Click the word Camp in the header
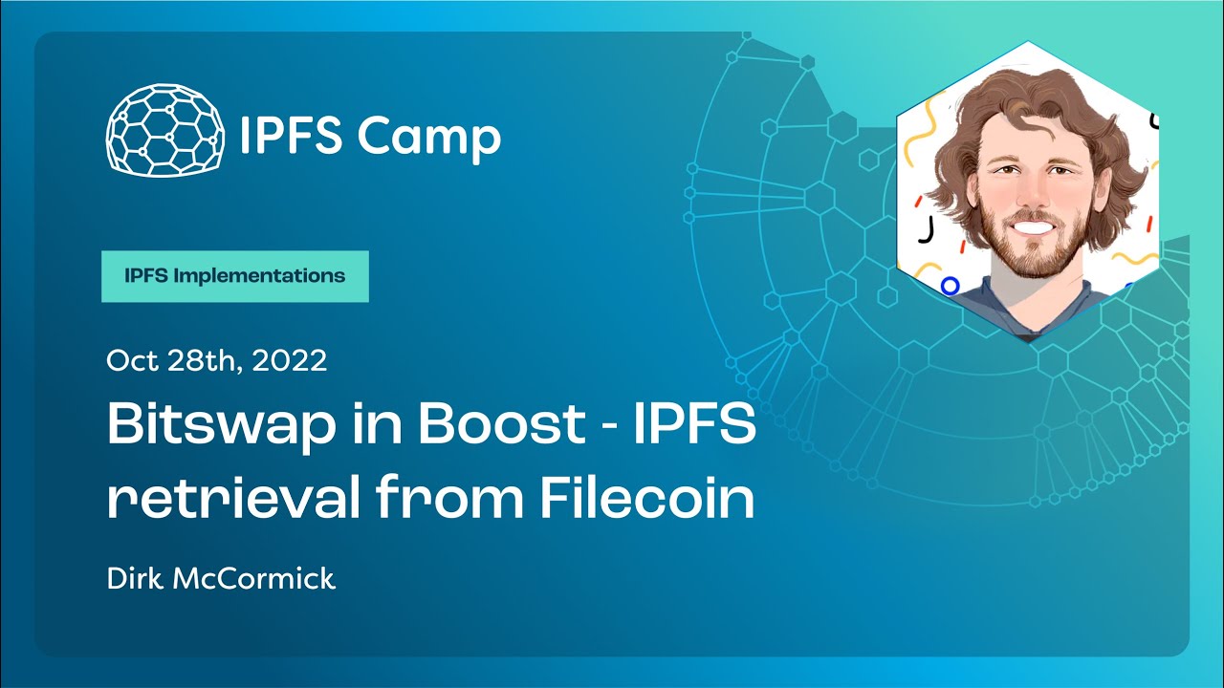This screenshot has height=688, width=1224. coord(428,137)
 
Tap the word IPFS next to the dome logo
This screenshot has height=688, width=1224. coord(291,137)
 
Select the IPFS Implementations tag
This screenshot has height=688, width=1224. coord(234,276)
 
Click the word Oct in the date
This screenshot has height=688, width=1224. coord(130,360)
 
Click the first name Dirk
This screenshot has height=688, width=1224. coord(135,578)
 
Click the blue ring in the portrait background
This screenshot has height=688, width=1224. coord(950,285)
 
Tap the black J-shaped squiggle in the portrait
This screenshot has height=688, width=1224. coord(925,230)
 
